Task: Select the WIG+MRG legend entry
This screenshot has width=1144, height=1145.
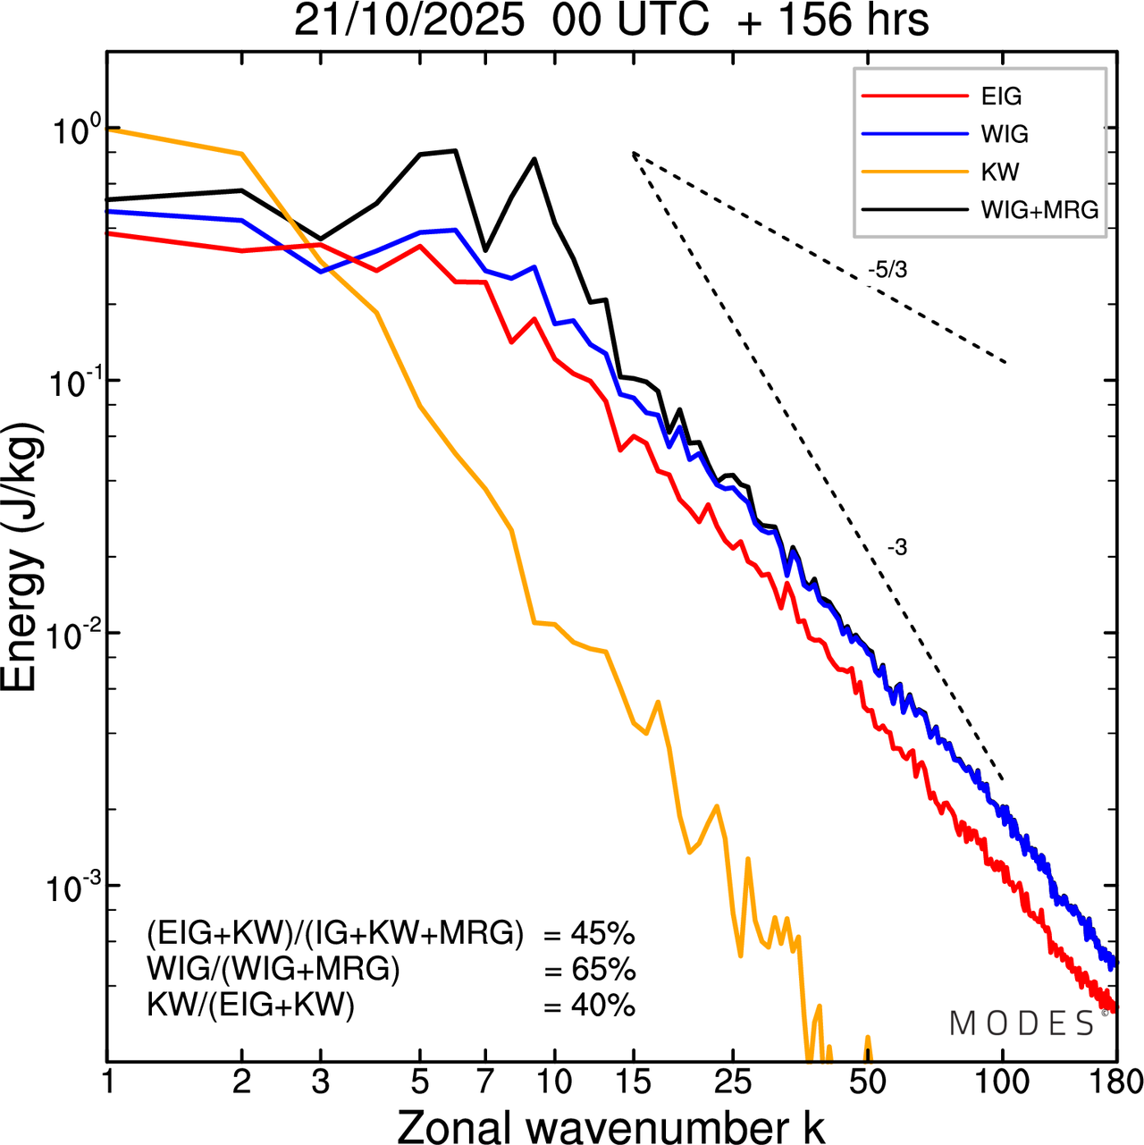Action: (1039, 210)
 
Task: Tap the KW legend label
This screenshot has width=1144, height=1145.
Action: (1000, 172)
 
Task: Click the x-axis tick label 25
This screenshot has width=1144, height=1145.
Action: (733, 1082)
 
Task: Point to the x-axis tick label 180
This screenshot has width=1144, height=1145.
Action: (1116, 1082)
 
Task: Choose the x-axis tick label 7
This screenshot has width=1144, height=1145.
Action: (485, 1082)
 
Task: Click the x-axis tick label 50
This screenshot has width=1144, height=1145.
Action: (868, 1082)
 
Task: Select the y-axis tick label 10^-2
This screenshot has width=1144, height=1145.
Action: (71, 635)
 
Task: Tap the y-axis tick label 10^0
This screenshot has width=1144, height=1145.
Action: (71, 131)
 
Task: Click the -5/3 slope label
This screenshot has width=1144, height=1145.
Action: (887, 269)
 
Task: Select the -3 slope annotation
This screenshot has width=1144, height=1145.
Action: (897, 548)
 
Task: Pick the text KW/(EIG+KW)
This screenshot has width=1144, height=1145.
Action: (250, 1006)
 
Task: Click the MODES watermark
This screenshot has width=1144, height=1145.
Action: (1022, 1023)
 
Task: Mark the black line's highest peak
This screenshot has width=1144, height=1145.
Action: (456, 150)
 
